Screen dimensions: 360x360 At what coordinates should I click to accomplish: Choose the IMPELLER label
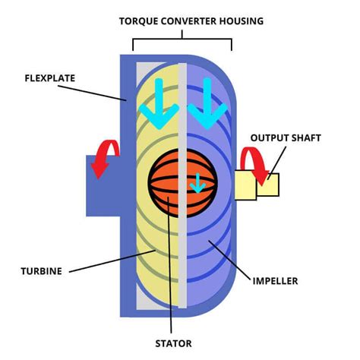[276, 280]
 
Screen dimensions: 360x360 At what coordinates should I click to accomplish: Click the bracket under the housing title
[182, 40]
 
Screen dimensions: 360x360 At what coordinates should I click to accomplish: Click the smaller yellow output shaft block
[269, 185]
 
